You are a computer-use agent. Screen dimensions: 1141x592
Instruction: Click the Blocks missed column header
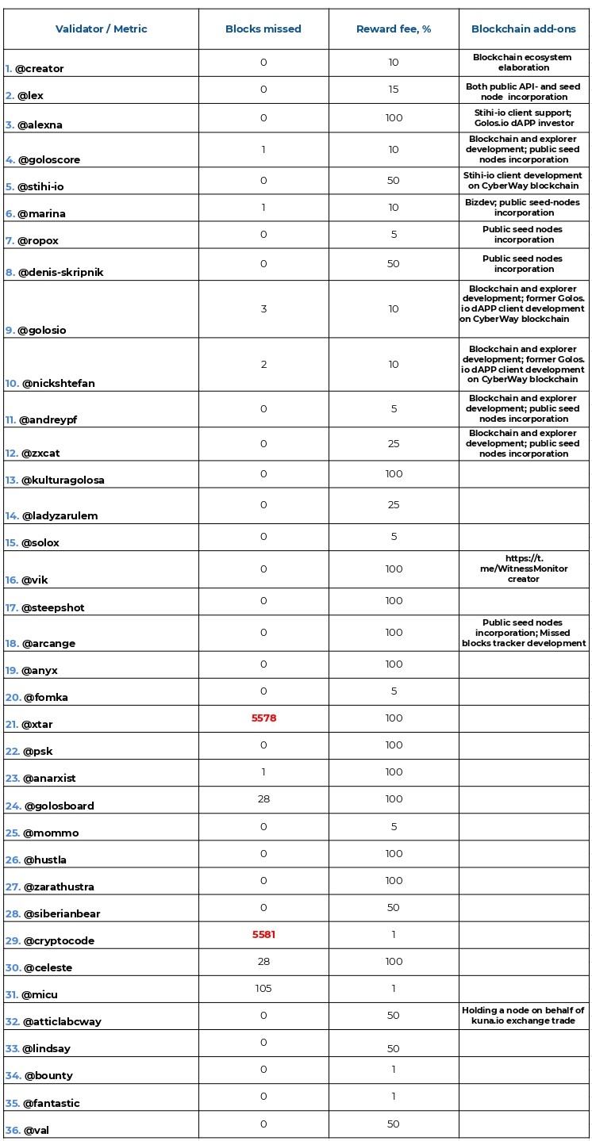pyautogui.click(x=263, y=29)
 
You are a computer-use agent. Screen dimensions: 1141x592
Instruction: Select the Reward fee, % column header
pyautogui.click(x=393, y=29)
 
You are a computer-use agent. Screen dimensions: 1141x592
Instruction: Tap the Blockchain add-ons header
pyautogui.click(x=523, y=29)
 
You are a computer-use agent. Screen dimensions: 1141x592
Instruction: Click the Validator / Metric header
pyautogui.click(x=101, y=29)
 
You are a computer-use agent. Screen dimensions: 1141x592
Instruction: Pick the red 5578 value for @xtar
pyautogui.click(x=263, y=718)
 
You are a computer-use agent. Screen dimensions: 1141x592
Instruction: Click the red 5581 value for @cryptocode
pyautogui.click(x=263, y=935)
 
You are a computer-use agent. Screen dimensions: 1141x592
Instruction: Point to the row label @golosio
pyautogui.click(x=40, y=330)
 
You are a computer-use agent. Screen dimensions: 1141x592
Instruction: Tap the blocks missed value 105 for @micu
pyautogui.click(x=263, y=989)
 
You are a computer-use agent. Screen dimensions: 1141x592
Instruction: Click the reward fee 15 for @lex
pyautogui.click(x=393, y=90)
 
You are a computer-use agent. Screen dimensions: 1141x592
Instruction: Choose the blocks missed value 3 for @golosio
pyautogui.click(x=263, y=309)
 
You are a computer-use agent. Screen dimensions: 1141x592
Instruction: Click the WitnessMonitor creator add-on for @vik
pyautogui.click(x=523, y=569)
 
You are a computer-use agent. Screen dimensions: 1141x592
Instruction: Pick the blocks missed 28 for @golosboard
pyautogui.click(x=263, y=799)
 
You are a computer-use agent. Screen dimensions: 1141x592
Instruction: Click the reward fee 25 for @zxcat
pyautogui.click(x=393, y=444)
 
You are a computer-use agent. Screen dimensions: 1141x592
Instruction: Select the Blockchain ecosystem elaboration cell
pyautogui.click(x=523, y=63)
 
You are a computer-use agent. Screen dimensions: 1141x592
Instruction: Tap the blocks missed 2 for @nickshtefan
pyautogui.click(x=263, y=365)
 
